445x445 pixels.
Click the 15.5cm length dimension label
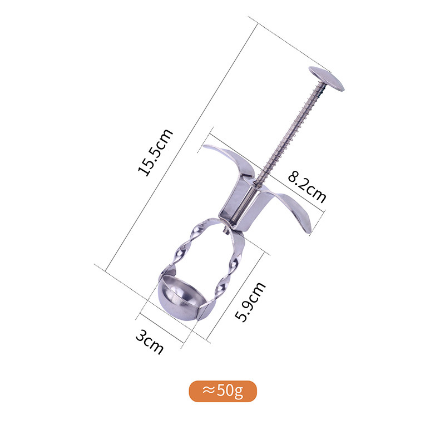pos(155,152)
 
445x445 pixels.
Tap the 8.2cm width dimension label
pos(308,187)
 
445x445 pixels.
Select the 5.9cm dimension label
pos(251,301)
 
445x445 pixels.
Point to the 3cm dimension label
pos(150,342)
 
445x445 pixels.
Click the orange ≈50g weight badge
pos(223,391)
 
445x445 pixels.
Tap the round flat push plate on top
pos(327,78)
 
